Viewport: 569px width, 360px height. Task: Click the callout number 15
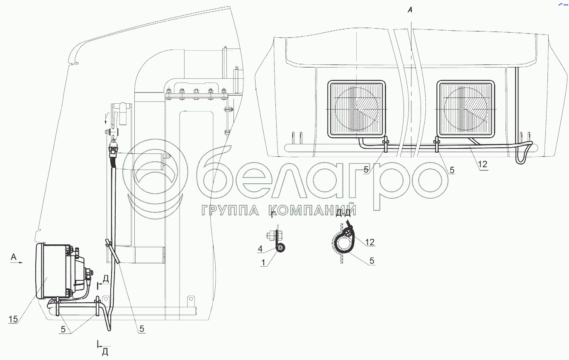(x=13, y=319)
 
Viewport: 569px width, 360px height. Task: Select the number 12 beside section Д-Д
(x=370, y=242)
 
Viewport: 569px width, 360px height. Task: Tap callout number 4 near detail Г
(x=260, y=249)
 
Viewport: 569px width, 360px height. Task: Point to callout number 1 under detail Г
(x=263, y=263)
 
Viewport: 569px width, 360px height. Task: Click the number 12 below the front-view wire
(x=482, y=164)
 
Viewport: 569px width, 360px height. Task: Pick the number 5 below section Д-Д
(x=372, y=260)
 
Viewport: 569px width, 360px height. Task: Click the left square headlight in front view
(x=357, y=109)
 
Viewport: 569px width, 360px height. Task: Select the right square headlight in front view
(x=466, y=109)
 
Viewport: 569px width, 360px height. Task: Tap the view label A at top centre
(x=410, y=10)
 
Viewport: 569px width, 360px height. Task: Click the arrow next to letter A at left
(x=16, y=263)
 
